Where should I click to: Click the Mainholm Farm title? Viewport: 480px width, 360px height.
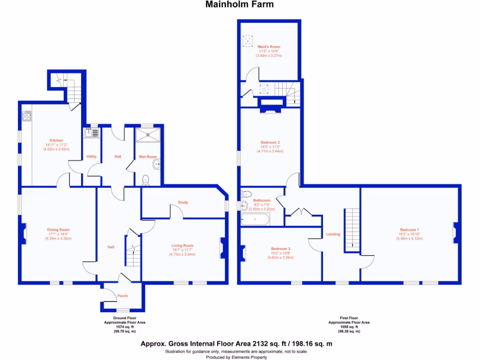tap(240, 5)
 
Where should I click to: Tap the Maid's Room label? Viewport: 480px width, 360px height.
tap(269, 47)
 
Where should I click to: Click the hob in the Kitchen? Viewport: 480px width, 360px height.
tap(27, 116)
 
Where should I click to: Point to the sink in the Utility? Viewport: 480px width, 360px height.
tap(90, 133)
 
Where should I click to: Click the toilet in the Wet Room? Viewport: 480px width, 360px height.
tap(146, 179)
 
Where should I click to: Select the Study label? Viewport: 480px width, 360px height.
tap(183, 202)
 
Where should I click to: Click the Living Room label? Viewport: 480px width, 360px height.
tap(182, 246)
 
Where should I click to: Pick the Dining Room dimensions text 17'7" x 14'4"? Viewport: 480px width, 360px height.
tap(58, 234)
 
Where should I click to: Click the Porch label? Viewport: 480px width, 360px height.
tap(122, 296)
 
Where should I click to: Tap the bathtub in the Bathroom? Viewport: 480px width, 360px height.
tap(255, 219)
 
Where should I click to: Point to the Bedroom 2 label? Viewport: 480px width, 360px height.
tap(270, 142)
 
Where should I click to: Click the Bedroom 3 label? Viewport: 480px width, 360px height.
tap(280, 249)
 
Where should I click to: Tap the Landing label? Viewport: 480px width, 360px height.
tap(333, 234)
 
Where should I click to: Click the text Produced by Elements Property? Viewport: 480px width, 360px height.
tap(240, 357)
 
